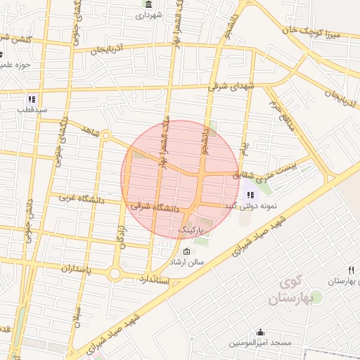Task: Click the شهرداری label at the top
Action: [149, 14]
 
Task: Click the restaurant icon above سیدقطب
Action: [32, 99]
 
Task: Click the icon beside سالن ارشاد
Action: [186, 252]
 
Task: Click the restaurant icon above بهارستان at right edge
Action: [351, 270]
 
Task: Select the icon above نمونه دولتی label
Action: [250, 195]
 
